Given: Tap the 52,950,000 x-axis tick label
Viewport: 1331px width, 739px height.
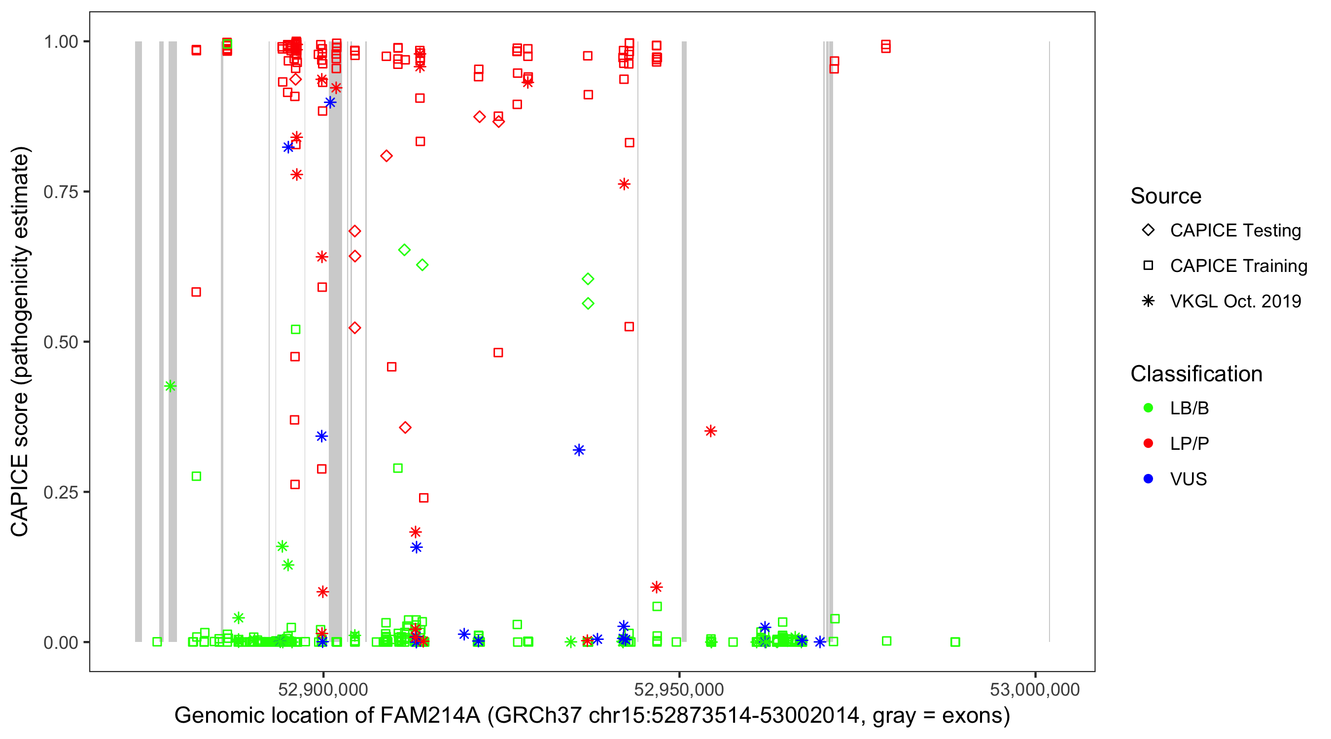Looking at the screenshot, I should coord(678,689).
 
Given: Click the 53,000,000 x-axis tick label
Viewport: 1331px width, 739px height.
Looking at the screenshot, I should coord(1034,689).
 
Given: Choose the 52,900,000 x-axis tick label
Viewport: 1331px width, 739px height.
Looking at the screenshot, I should coord(323,689).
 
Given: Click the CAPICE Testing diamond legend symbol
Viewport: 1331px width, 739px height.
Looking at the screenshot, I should coord(1148,231).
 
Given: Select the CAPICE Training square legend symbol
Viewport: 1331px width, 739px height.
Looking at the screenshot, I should coord(1148,266).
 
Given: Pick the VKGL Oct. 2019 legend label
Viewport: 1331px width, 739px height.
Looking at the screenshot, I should coord(1235,301).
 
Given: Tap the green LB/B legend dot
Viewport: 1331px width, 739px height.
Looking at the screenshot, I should coord(1148,408).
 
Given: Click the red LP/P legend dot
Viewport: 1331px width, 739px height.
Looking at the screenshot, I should coord(1148,443).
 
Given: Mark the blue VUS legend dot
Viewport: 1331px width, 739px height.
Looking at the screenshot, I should coord(1148,479).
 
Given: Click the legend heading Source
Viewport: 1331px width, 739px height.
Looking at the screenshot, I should coord(1166,196).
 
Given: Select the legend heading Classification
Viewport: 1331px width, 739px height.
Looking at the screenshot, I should coord(1196,374).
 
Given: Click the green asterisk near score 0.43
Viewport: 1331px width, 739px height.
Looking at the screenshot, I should coord(170,386).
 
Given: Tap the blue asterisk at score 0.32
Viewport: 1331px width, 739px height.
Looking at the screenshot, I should coord(579,450).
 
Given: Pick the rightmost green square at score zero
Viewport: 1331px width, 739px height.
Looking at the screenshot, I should coord(955,642).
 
